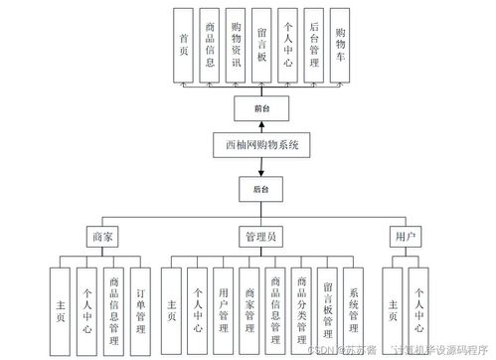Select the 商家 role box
click(x=103, y=237)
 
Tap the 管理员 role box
click(x=261, y=237)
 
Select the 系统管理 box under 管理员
click(x=352, y=309)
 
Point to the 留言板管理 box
click(x=327, y=309)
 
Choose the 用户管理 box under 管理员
click(x=224, y=309)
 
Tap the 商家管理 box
click(x=249, y=309)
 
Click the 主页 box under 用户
click(x=394, y=309)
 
